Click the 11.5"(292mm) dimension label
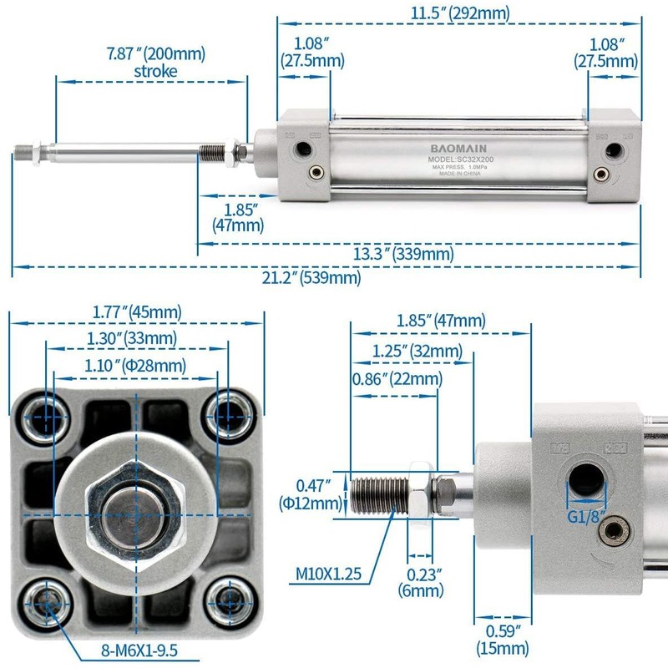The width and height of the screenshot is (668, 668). pyautogui.click(x=460, y=13)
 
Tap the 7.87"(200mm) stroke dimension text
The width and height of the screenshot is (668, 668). pyautogui.click(x=155, y=63)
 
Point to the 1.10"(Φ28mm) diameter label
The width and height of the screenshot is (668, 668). pyautogui.click(x=136, y=365)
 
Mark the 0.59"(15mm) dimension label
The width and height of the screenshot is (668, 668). pyautogui.click(x=503, y=640)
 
